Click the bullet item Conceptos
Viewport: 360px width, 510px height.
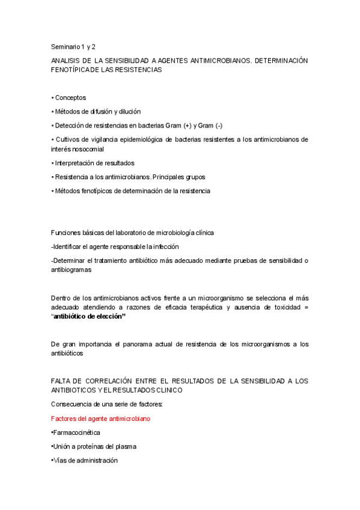pyautogui.click(x=70, y=97)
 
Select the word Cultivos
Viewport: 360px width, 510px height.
pyautogui.click(x=69, y=140)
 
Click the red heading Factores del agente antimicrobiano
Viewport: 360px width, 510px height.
pyautogui.click(x=101, y=418)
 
